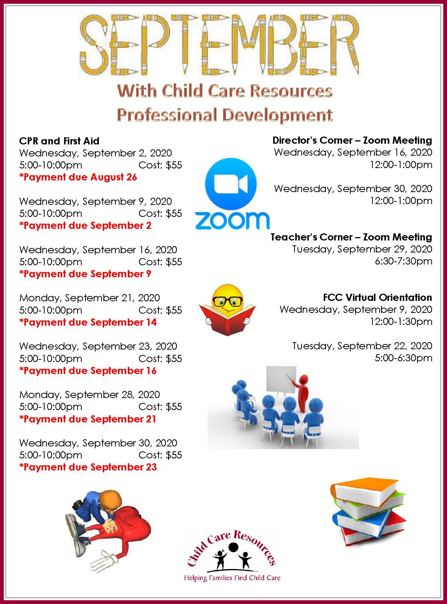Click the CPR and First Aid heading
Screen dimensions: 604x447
click(x=59, y=141)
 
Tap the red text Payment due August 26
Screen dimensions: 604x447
click(x=78, y=177)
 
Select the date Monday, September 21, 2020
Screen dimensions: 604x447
click(x=89, y=298)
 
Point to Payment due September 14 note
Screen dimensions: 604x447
click(x=88, y=322)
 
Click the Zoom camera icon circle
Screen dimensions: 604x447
click(x=231, y=184)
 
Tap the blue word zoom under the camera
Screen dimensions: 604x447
click(x=232, y=220)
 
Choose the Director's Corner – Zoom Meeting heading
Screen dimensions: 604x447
click(x=352, y=140)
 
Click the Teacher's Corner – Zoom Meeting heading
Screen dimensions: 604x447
click(x=351, y=237)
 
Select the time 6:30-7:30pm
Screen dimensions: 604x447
click(x=403, y=261)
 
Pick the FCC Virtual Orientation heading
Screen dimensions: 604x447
click(x=377, y=297)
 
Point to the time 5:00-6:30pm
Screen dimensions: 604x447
click(x=403, y=358)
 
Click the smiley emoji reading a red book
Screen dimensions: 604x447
click(x=227, y=310)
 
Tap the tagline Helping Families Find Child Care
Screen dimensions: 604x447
click(x=232, y=578)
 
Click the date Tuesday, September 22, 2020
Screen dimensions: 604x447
click(x=362, y=346)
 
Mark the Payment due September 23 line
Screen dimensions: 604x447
click(x=88, y=467)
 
